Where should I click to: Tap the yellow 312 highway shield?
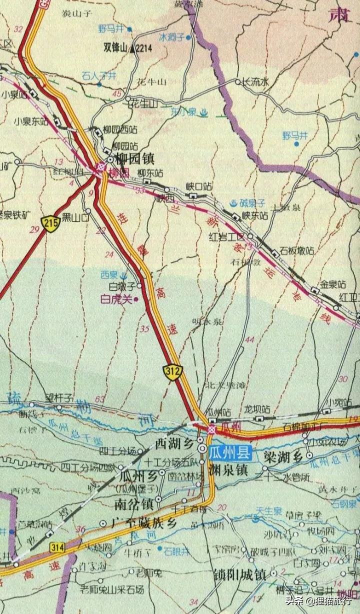coord(172,372)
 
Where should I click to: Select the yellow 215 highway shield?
coord(51,223)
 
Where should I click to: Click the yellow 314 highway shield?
coord(57,548)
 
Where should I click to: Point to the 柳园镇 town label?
coord(134,159)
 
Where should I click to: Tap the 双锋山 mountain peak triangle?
coord(132,49)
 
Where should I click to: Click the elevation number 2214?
coord(143,49)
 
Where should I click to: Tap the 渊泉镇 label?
coord(228,470)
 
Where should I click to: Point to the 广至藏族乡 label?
coord(144,523)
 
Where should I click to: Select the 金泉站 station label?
coord(333,284)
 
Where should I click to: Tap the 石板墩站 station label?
coord(297,250)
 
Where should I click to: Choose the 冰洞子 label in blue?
coord(171,38)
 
